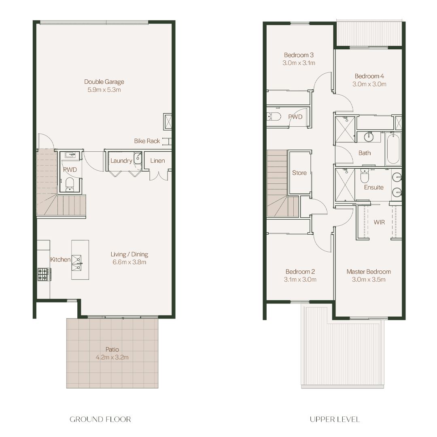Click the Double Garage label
point(104,82)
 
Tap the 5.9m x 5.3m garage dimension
point(104,90)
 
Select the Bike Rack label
point(147,141)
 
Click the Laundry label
point(121,161)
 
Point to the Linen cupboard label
point(157,161)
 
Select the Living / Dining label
point(129,254)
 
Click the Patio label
point(112,349)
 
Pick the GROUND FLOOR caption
point(100,419)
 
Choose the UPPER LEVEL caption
point(335,419)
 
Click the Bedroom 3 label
point(299,55)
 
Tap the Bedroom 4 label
point(369,76)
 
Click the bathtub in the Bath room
point(393,149)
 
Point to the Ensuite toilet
point(365,175)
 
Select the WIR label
point(379,222)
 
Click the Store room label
point(299,173)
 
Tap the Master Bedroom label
point(369,272)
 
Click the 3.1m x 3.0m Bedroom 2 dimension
point(300,280)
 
